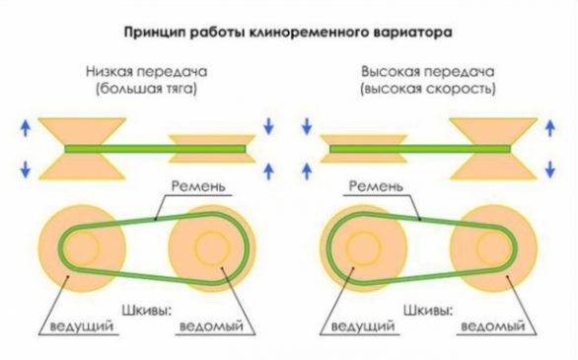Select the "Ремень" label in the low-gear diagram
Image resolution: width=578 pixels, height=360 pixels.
tap(197, 185)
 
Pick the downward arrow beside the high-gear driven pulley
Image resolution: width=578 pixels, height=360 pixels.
tap(551, 125)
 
